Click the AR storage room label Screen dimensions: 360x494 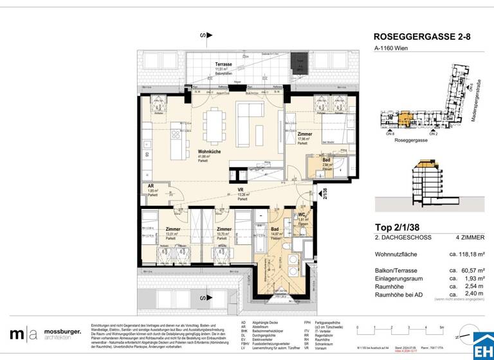(151, 186)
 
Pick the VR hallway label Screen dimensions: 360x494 (241, 190)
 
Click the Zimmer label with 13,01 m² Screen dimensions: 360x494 (173, 229)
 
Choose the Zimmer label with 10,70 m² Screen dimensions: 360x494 (223, 229)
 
